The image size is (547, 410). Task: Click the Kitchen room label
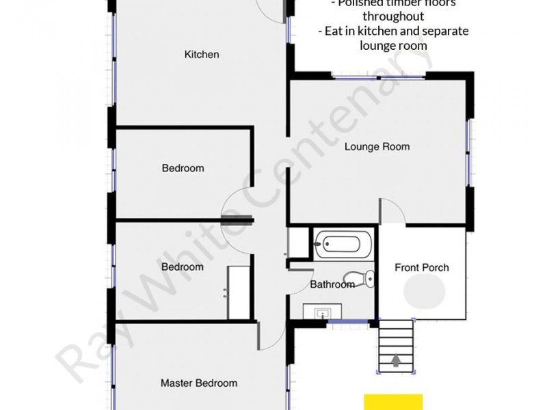(x=202, y=55)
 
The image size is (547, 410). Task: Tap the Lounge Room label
(x=377, y=146)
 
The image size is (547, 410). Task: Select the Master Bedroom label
(x=198, y=383)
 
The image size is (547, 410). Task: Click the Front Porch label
(x=422, y=267)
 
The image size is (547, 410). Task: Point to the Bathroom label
(x=332, y=284)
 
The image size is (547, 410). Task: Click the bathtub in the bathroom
(x=344, y=244)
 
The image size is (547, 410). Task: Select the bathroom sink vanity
(x=324, y=312)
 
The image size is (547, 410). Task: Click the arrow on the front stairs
(x=397, y=360)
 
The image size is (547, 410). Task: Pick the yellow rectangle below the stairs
(x=392, y=402)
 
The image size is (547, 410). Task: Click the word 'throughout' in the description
(x=393, y=16)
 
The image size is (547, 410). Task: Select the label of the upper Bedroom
(x=183, y=168)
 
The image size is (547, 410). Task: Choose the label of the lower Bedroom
(x=183, y=267)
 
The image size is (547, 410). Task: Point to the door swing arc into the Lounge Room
(x=393, y=209)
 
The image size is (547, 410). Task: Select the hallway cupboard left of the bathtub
(x=298, y=243)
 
